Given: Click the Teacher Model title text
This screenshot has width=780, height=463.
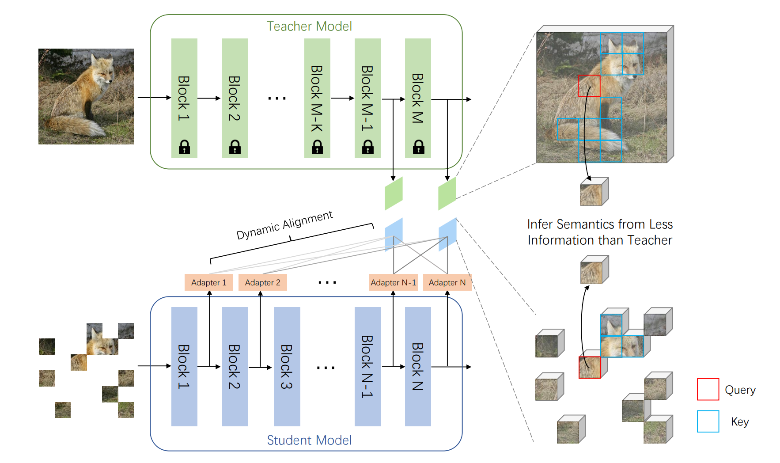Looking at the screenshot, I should pos(309,27).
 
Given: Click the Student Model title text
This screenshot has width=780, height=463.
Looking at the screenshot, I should pos(309,440).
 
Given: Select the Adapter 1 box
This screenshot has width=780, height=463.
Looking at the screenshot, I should pos(208,282).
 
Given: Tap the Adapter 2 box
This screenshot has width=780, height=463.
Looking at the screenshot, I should pos(262,282).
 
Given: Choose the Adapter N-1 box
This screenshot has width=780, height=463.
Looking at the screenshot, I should pos(393,282).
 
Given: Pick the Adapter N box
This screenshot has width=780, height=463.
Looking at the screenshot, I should pos(447,282).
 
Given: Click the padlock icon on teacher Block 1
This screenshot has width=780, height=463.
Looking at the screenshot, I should pos(184,147).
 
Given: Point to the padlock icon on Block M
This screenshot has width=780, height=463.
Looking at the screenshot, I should pos(418,147).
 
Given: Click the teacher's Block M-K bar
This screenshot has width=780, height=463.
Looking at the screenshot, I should pos(317,97).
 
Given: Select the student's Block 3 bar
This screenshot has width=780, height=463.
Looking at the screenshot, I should pos(287,366).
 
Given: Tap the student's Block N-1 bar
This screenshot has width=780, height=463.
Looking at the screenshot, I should pos(367,366).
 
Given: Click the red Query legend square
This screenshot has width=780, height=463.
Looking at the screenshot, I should pos(708,389).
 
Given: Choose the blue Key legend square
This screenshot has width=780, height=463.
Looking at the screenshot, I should pos(708,421).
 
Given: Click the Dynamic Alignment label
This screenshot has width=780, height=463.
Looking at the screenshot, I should pos(284,225).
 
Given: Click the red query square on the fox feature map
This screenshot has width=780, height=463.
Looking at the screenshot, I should pos(589,86).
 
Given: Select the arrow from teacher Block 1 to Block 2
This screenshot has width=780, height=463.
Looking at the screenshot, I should pos(209,98).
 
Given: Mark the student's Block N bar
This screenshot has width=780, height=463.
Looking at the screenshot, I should pos(418,366).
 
